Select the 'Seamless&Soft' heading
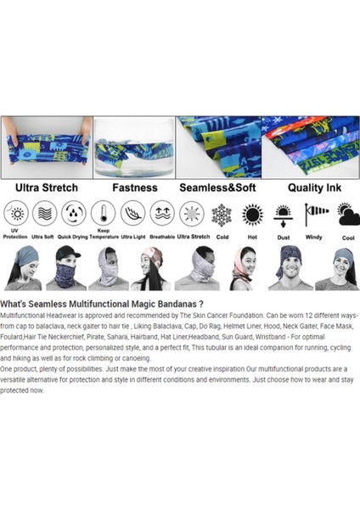[x=217, y=187]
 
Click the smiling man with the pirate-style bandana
[x=290, y=267]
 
